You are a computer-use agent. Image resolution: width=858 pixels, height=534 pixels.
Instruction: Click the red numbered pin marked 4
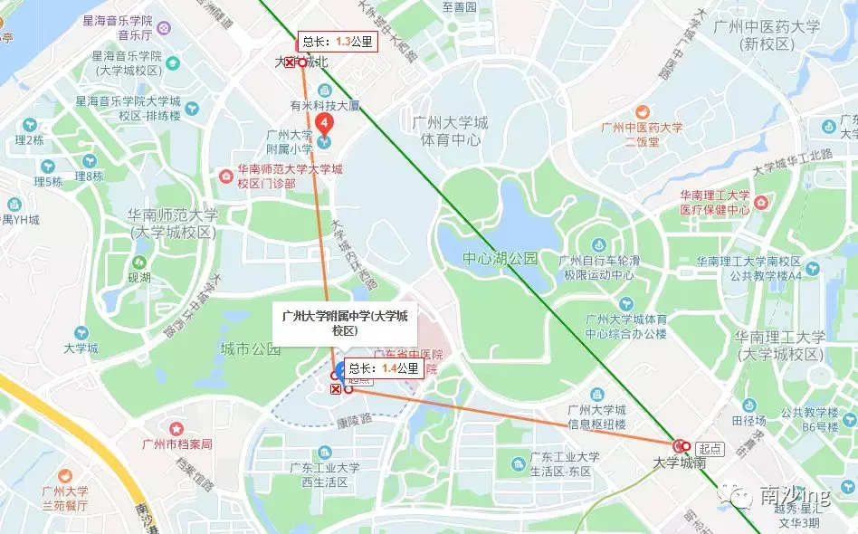click(325, 123)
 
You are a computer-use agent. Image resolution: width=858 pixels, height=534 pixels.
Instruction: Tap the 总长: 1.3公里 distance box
click(336, 42)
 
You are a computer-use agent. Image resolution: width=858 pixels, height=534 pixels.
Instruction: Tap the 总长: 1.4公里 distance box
click(383, 368)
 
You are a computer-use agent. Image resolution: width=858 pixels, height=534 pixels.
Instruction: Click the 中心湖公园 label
click(500, 259)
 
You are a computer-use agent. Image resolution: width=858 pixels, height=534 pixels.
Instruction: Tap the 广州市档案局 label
click(177, 443)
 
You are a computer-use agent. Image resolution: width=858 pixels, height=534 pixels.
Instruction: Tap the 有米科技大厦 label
click(324, 106)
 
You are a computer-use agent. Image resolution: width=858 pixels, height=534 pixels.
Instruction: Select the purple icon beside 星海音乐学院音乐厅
click(163, 28)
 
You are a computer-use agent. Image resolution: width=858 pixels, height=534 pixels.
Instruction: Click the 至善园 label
click(459, 7)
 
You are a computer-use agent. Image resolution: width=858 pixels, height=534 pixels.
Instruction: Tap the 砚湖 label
click(139, 278)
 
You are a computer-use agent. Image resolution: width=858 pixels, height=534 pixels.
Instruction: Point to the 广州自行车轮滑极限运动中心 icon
click(598, 244)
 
